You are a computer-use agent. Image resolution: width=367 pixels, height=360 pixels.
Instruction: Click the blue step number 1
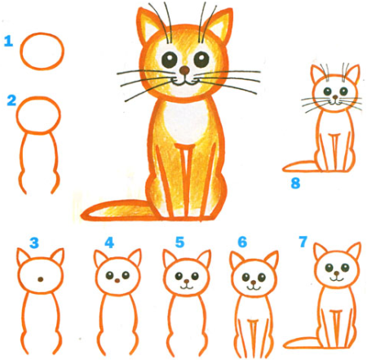(x=8, y=39)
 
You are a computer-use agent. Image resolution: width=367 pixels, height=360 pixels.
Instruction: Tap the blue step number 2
(x=11, y=101)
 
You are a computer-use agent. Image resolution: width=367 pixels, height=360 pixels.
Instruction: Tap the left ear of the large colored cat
(x=148, y=24)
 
